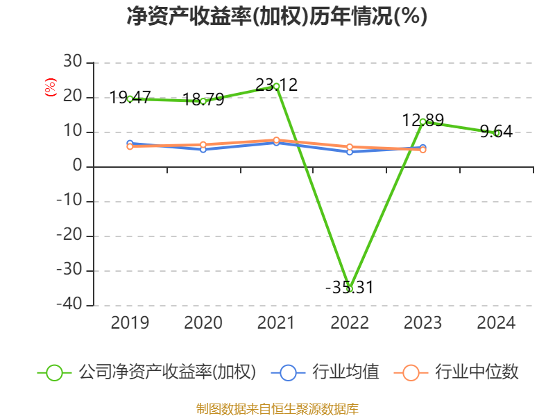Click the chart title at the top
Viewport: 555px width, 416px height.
277,17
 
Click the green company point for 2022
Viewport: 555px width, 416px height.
350,288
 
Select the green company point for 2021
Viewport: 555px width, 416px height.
276,87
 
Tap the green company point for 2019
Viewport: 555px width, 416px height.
130,99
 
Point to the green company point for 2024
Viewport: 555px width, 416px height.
497,133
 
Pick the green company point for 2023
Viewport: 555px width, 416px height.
422,122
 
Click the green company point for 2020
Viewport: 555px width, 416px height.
203,101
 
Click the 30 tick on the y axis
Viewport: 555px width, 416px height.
73,62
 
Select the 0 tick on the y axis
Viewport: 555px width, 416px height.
77,166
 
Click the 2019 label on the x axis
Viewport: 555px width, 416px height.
130,323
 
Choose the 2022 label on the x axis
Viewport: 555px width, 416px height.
350,323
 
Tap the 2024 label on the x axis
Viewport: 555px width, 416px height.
497,323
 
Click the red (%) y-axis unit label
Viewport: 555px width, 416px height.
50,88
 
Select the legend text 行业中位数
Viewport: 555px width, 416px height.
477,372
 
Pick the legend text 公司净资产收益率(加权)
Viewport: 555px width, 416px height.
167,372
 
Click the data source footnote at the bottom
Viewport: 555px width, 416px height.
277,408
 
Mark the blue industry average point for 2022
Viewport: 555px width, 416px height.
350,152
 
